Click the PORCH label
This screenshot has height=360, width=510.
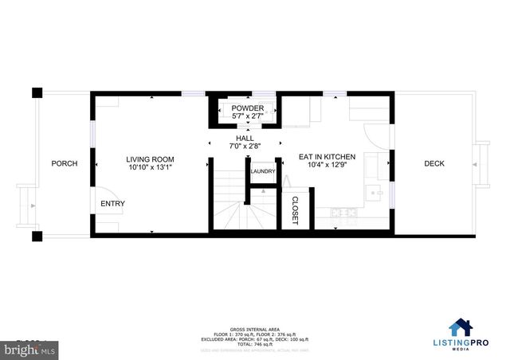point(65,163)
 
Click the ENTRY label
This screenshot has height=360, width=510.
point(112,204)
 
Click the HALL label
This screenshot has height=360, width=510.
point(244,138)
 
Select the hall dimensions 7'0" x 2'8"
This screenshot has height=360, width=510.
point(244,147)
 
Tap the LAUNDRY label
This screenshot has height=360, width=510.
point(263,171)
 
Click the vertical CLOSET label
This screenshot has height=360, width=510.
point(295,210)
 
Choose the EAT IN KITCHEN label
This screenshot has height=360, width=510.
point(327,158)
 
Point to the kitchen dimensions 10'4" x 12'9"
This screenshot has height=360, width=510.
point(327,167)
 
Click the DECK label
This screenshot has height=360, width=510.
point(433,163)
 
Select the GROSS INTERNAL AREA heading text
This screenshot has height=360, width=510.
point(255,328)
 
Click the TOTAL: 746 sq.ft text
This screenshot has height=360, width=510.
point(255,344)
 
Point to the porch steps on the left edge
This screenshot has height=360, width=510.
point(27,206)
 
